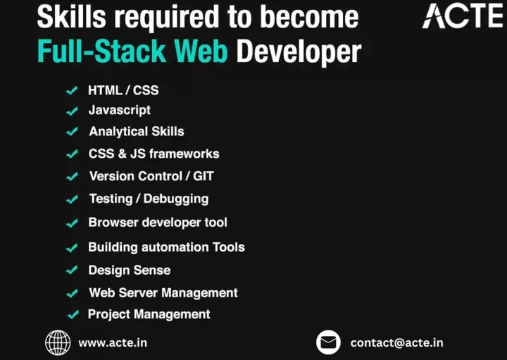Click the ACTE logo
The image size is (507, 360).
463,15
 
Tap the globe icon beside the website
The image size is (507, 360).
58,342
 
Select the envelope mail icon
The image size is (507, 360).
328,342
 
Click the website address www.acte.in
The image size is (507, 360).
113,342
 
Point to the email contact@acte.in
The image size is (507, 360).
396,342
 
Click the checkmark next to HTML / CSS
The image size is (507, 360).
72,90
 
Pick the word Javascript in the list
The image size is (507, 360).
120,111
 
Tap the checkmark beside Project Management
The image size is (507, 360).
73,314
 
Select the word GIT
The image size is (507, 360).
204,176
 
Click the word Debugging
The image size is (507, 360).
176,199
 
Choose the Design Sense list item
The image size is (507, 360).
130,270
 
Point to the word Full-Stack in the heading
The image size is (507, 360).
102,51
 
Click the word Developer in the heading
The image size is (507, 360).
299,51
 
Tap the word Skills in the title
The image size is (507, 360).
71,16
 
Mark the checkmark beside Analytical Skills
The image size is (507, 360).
72,132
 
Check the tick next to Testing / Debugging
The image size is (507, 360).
72,199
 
